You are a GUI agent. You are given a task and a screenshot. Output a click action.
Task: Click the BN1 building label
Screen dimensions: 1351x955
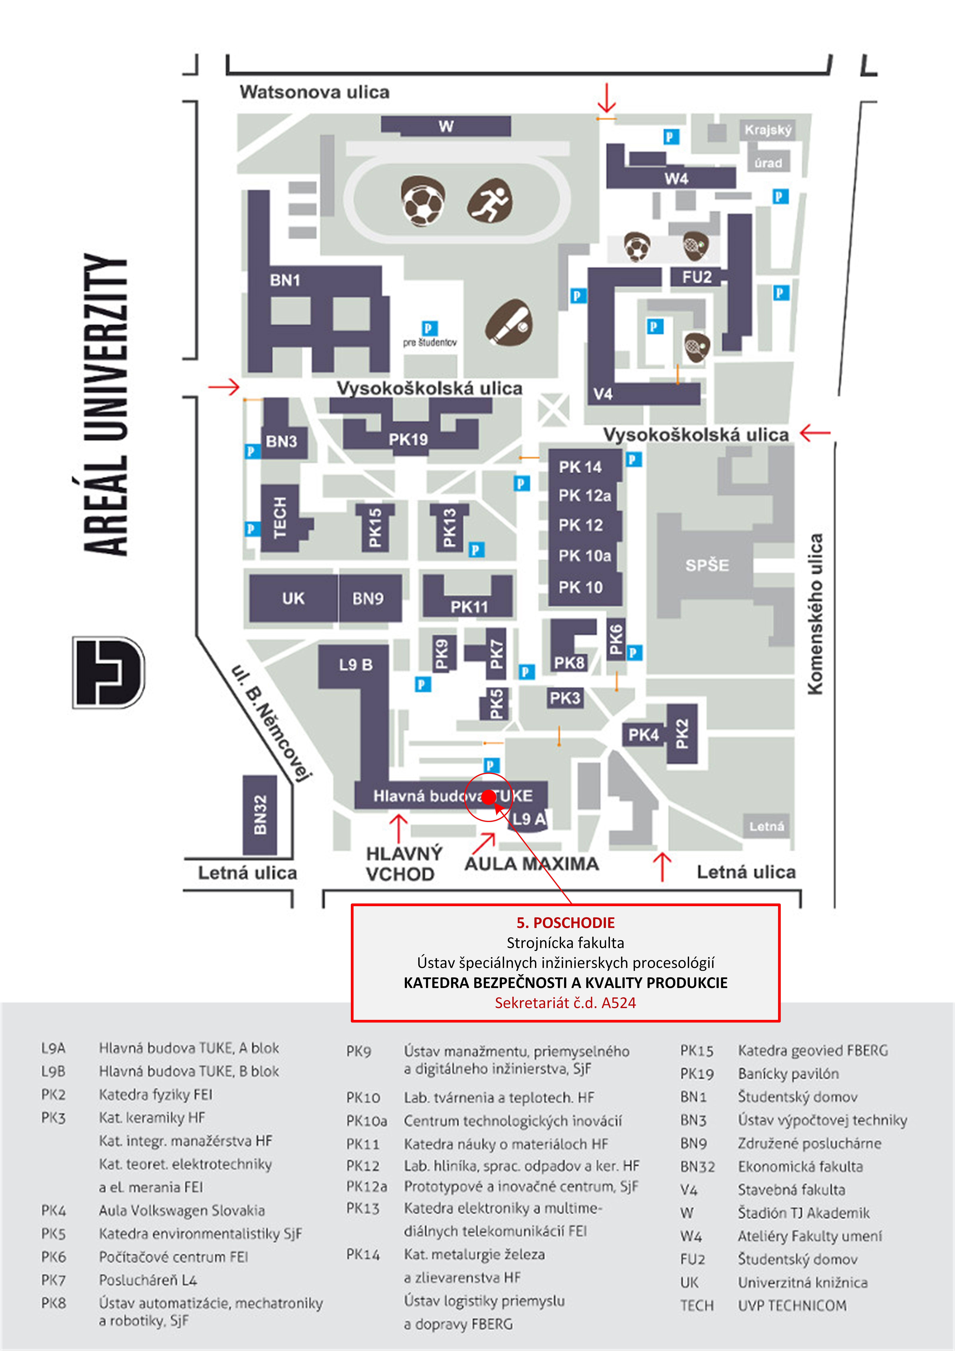tap(285, 280)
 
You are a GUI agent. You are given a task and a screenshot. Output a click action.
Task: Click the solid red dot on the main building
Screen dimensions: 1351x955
tap(488, 797)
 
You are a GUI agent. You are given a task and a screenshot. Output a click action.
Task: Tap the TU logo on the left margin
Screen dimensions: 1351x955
tap(109, 672)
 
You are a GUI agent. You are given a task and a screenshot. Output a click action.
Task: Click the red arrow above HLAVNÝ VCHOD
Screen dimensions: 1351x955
tap(399, 827)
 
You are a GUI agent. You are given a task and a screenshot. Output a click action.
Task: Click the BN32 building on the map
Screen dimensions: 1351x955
tap(260, 815)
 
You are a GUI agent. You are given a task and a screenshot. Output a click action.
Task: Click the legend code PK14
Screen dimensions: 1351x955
tap(363, 1254)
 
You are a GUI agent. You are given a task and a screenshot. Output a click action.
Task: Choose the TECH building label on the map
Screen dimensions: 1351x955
tap(280, 518)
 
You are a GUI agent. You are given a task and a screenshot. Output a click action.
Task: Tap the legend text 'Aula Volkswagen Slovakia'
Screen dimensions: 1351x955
tap(182, 1210)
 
